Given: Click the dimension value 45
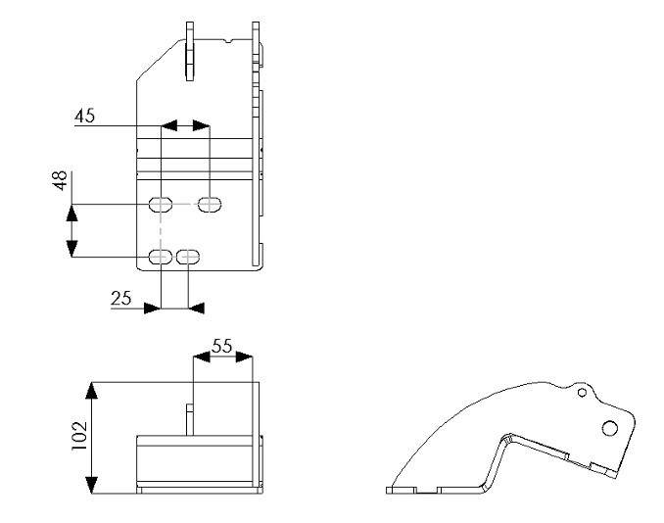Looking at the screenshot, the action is [x=84, y=116].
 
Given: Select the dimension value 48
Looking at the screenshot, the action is [x=61, y=180].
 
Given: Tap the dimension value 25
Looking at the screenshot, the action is [x=121, y=299].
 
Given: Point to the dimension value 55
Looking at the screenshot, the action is [x=222, y=347].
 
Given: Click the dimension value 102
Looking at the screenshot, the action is [x=79, y=436].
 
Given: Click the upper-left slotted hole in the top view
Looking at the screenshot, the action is [x=161, y=205].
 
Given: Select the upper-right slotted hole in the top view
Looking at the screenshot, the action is [x=210, y=205].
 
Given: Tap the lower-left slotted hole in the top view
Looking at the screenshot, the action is [x=161, y=257].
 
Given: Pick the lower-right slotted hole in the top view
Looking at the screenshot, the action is [x=188, y=257].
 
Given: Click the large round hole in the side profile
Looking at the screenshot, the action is [x=610, y=428].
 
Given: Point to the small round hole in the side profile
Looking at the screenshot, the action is [x=583, y=393].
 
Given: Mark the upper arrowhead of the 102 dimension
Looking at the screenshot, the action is [x=91, y=391].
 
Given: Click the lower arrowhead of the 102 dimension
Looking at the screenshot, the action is [x=91, y=485].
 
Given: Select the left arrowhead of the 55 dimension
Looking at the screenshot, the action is [x=202, y=357].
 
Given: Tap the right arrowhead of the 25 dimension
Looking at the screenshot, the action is [x=196, y=309].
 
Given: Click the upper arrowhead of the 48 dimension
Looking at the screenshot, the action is [x=72, y=213].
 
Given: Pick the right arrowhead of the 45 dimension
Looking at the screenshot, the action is [x=202, y=125].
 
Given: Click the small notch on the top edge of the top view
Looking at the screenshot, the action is [x=229, y=41].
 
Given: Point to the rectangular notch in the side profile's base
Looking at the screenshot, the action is [x=426, y=492].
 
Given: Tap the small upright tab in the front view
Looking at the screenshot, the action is [x=190, y=419].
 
